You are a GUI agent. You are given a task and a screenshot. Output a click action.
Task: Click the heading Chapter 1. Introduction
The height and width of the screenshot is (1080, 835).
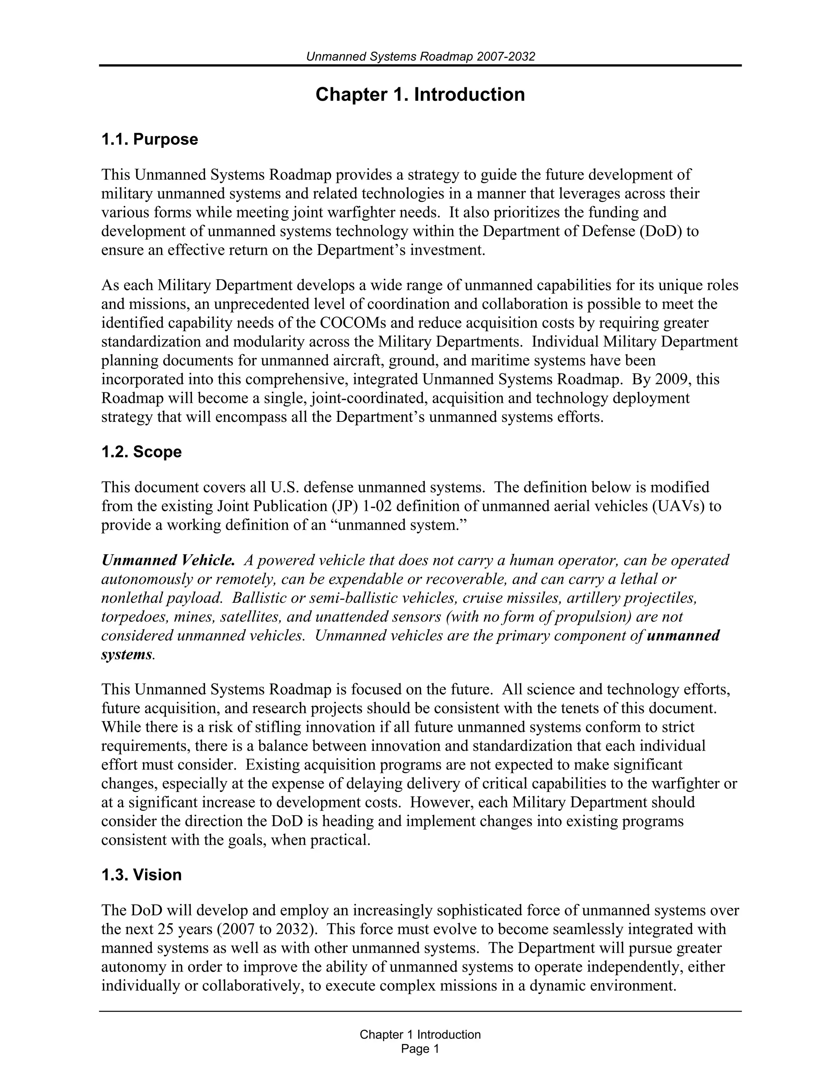point(420,95)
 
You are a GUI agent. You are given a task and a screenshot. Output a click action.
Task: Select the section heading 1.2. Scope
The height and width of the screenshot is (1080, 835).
point(141,452)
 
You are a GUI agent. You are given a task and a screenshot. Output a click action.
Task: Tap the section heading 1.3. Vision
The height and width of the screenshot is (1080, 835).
point(141,875)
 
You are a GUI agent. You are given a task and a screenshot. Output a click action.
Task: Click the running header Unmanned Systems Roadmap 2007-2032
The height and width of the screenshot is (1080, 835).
point(420,56)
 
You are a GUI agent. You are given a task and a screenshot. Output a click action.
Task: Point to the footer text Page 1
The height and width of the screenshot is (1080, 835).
point(420,1049)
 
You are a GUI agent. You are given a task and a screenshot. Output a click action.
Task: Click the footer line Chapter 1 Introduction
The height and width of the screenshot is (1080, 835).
point(420,1034)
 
